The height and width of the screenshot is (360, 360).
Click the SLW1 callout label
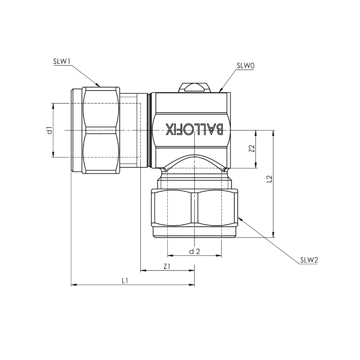tap(62, 62)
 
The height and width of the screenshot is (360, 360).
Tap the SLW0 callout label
tap(245, 66)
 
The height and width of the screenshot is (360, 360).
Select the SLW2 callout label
tap(309, 260)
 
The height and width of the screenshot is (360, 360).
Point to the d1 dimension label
tap(49, 130)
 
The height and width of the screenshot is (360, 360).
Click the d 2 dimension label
tap(195, 251)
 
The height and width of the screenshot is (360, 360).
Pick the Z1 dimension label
tap(167, 266)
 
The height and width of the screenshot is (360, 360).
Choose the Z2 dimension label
tap(252, 149)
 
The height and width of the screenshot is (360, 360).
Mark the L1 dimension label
tap(125, 280)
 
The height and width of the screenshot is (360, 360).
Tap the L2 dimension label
tap(270, 179)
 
